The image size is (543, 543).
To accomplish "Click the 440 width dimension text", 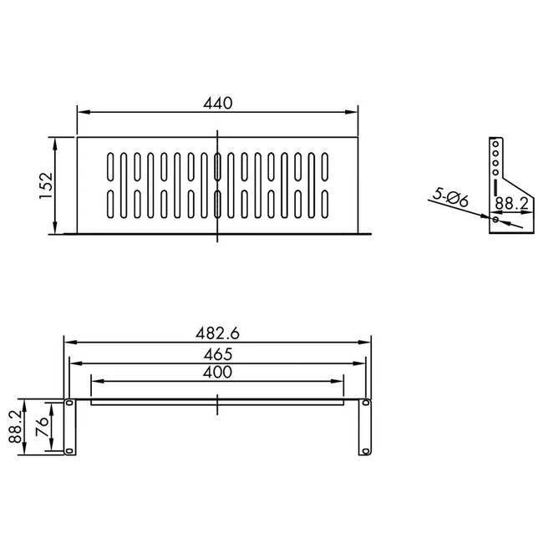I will pos(217,103).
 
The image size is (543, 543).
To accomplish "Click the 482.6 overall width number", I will pos(217,332).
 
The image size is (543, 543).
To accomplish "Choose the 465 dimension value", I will pos(217,354).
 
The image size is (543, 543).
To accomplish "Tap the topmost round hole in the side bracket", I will pos(495,145).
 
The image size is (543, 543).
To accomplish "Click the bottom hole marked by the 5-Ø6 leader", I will pos(495,220).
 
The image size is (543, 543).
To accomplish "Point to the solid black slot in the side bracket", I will pos(495,185).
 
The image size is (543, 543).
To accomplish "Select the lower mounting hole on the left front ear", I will pos(69,451).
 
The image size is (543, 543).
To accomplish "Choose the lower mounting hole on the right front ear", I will pos(365,451).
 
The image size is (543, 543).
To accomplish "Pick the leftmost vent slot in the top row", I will pos(112,167).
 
